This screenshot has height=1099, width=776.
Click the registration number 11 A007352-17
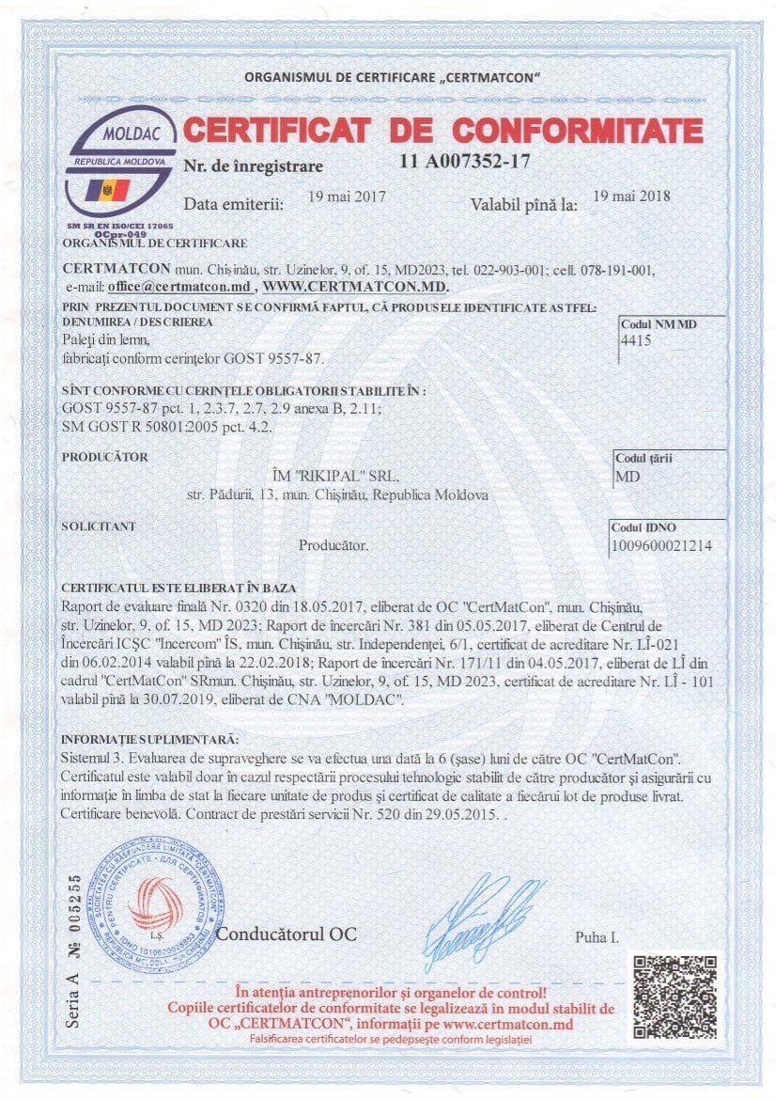[x=465, y=161]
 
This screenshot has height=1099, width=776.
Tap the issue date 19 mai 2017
[x=347, y=198]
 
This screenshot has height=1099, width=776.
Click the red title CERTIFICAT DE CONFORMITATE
[x=442, y=129]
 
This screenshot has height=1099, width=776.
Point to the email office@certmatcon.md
[x=179, y=286]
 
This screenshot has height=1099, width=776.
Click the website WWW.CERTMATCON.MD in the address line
[x=355, y=286]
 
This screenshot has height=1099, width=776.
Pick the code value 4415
[x=636, y=343]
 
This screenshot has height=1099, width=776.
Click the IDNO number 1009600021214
[x=661, y=545]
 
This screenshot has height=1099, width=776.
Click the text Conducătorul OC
[x=287, y=934]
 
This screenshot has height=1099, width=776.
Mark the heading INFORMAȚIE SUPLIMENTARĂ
[x=149, y=740]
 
